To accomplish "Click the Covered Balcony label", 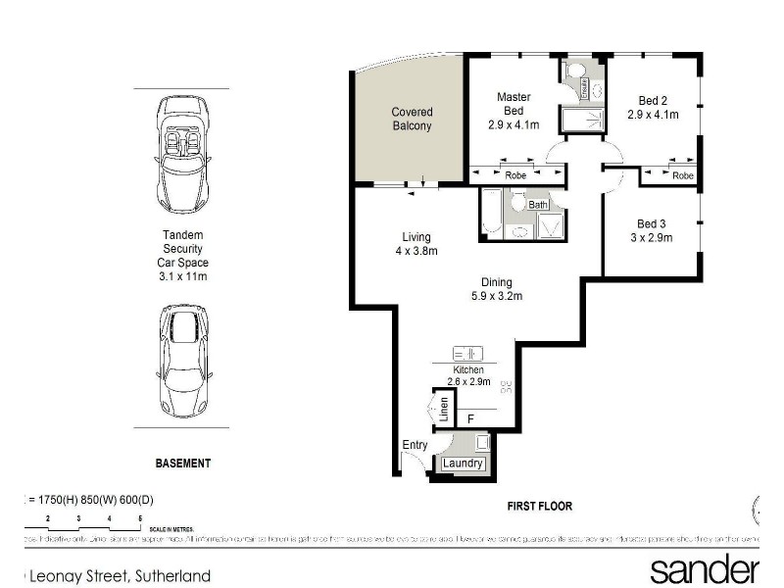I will click(412, 119).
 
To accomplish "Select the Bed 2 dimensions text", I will click(653, 115).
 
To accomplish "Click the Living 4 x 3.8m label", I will click(416, 244).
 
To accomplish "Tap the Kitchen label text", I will click(467, 369).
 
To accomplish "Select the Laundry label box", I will click(463, 463).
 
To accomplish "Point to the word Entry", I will click(416, 446).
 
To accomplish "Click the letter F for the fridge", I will click(470, 419).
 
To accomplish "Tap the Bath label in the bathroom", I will click(538, 205).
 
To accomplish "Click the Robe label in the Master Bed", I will click(514, 174).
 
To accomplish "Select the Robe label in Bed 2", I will click(683, 175).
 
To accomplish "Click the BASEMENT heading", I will click(183, 462).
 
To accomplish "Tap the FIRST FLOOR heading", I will click(539, 507).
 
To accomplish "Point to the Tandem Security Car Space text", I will click(183, 256).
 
